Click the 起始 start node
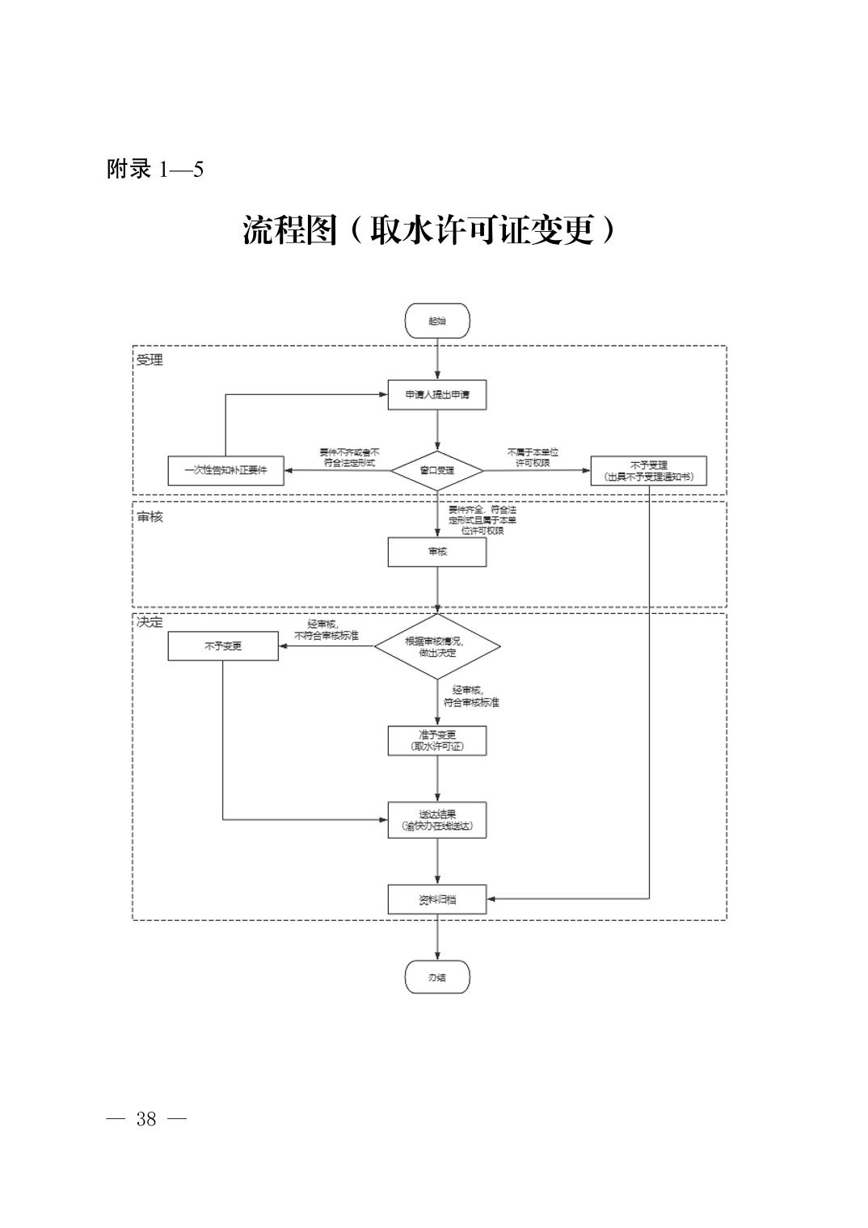click(436, 321)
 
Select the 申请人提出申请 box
click(436, 394)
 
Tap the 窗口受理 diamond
click(437, 470)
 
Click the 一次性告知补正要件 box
click(225, 470)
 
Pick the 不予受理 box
click(648, 470)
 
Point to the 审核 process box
click(436, 552)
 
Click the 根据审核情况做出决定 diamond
click(437, 646)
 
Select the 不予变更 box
click(222, 646)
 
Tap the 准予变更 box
click(436, 740)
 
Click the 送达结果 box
click(436, 820)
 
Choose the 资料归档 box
click(436, 899)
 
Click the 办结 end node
click(436, 978)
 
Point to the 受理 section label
click(150, 360)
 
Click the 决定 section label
click(150, 622)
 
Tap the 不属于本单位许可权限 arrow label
click(533, 457)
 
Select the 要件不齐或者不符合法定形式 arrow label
click(349, 457)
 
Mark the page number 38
click(146, 1119)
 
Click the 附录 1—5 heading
click(154, 170)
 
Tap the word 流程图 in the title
click(289, 231)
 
